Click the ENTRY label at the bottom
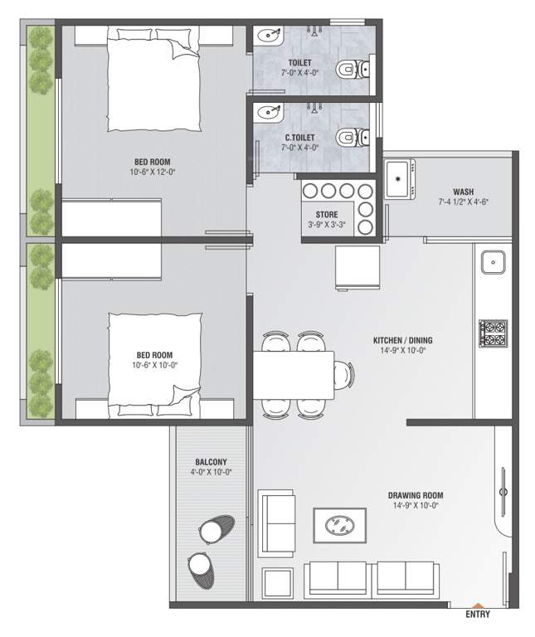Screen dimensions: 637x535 coord(478,615)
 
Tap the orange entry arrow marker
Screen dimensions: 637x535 coord(477,605)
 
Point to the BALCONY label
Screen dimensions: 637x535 coord(211,462)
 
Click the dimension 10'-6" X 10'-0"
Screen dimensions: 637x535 coord(156,364)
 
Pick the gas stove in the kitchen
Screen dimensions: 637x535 coord(494,333)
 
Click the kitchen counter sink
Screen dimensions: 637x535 coord(493,262)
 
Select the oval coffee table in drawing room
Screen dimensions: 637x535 coord(338,524)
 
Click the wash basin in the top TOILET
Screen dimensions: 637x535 coord(268,36)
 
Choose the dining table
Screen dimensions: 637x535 coord(294,375)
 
